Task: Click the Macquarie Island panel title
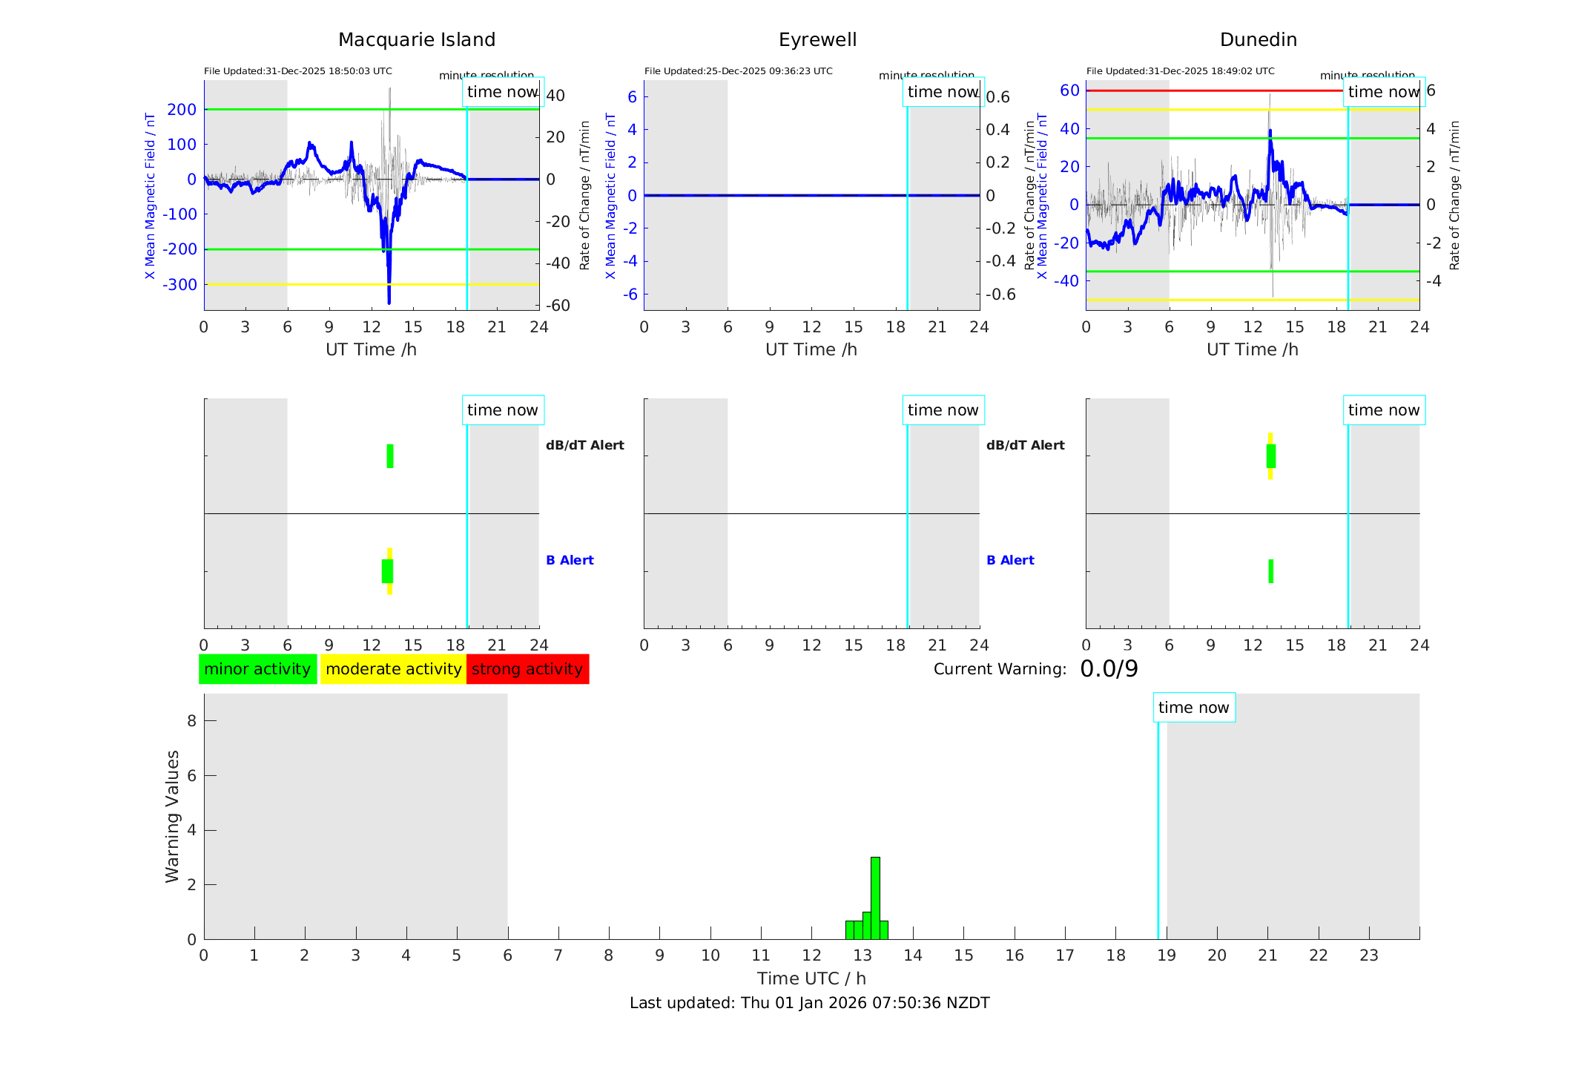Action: pos(416,40)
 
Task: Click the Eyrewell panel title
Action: pos(817,40)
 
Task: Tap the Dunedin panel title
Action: pos(1258,40)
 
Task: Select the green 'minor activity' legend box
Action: pos(257,669)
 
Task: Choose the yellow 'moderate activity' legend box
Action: pos(393,669)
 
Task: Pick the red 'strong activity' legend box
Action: pos(527,669)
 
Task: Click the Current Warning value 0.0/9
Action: pos(1109,669)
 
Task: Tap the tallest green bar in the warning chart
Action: pos(875,898)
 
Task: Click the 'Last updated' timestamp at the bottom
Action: pos(809,1003)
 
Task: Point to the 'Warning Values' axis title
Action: pos(172,816)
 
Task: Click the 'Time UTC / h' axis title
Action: pos(811,978)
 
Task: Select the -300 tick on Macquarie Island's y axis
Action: pos(182,285)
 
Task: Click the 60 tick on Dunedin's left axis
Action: pos(1069,91)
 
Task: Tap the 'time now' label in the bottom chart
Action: pos(1193,708)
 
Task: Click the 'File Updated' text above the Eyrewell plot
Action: pos(738,71)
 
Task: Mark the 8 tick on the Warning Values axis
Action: pos(191,720)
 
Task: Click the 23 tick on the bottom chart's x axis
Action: pos(1368,955)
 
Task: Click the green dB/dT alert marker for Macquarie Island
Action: pos(390,456)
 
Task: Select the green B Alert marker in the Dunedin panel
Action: pos(1270,571)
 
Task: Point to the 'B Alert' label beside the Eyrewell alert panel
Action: pos(1010,560)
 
